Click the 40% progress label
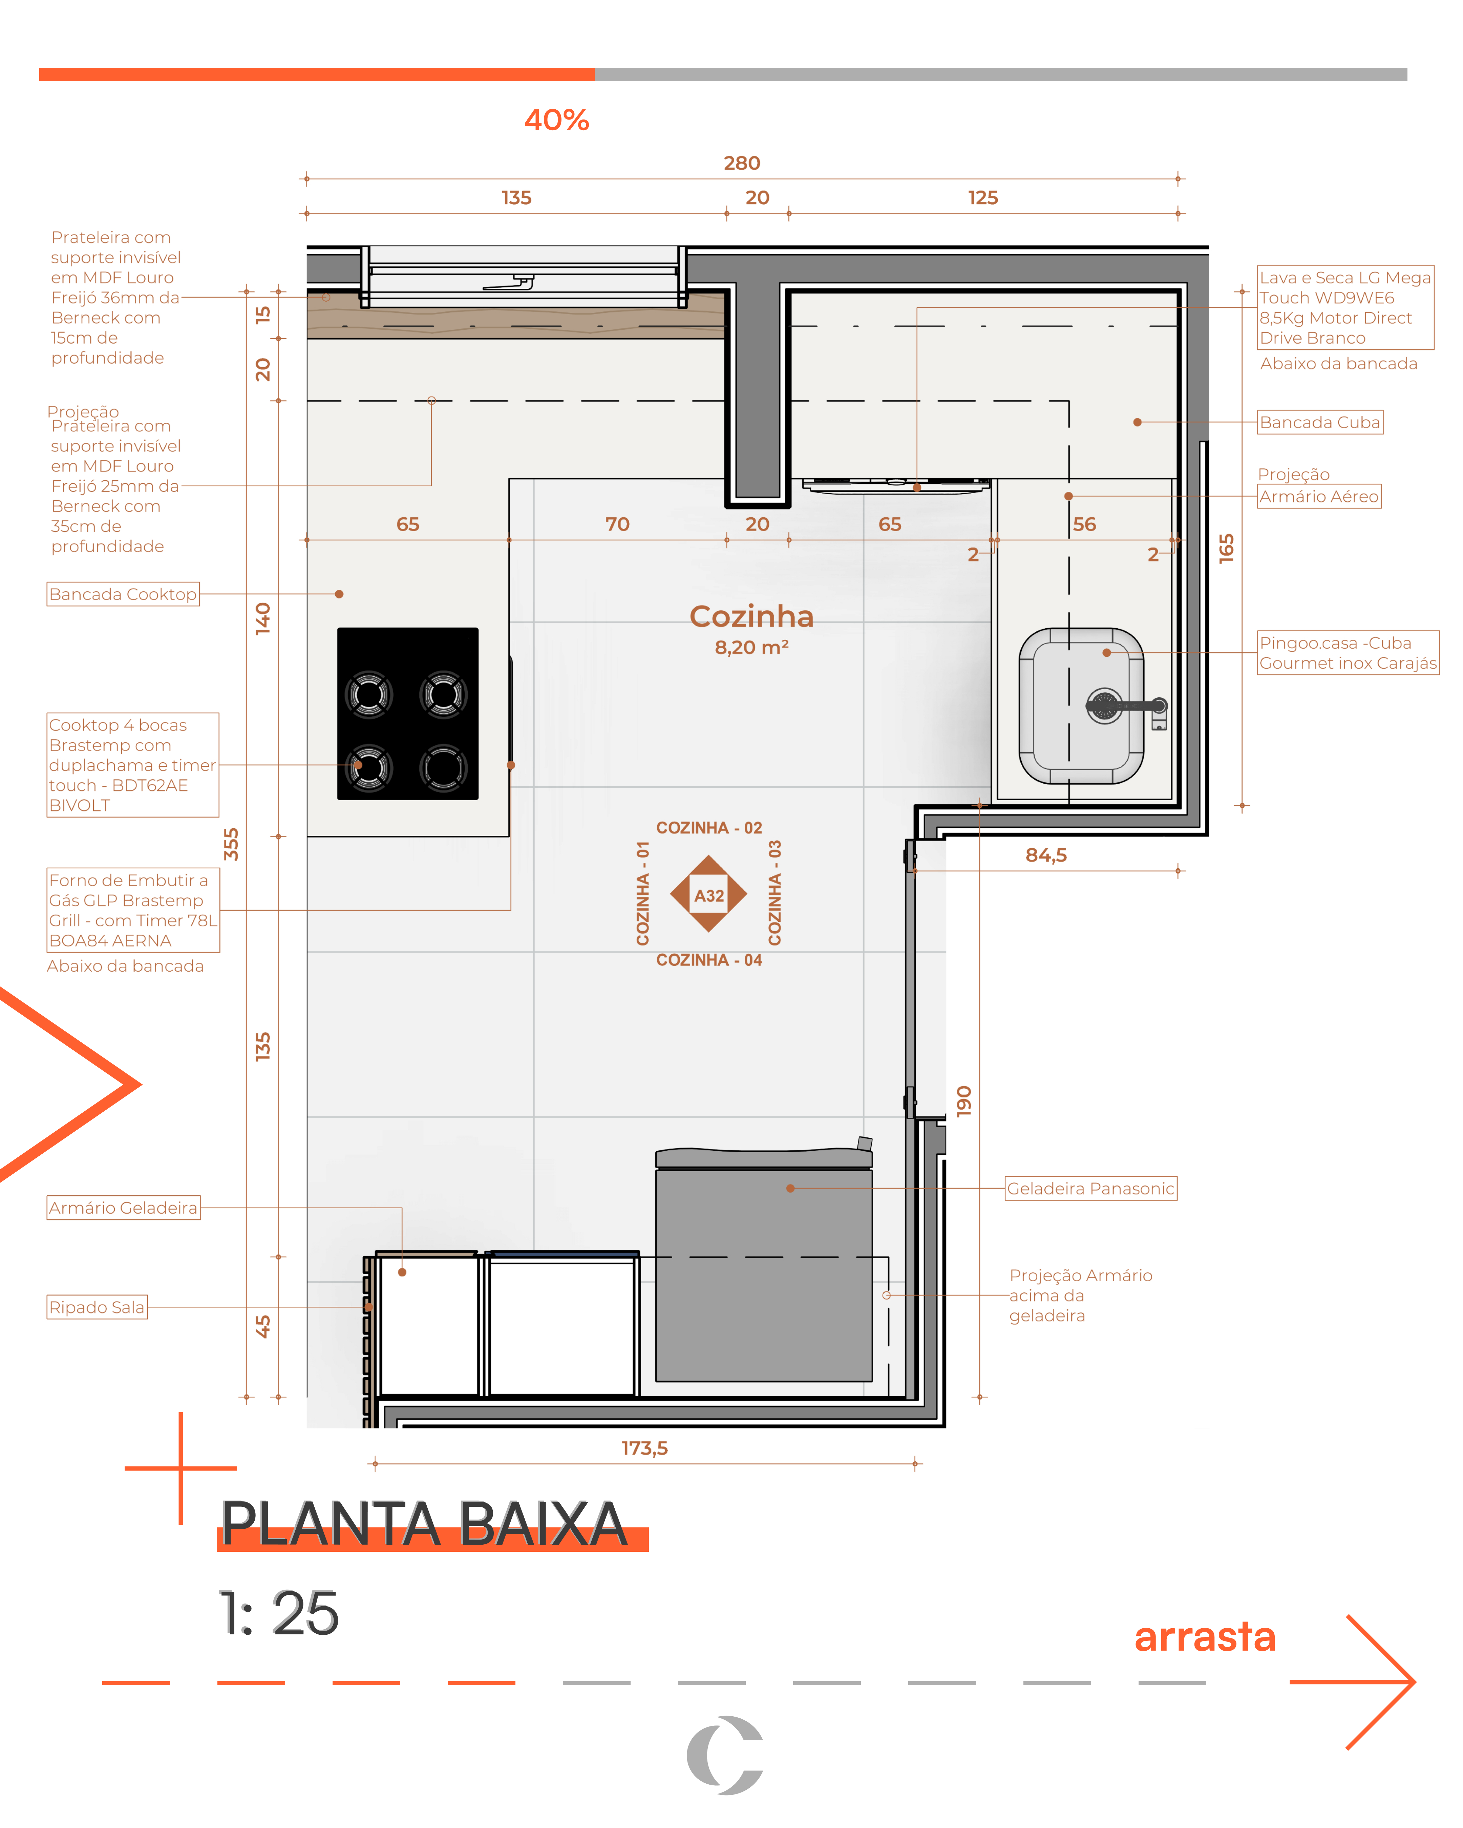pos(556,121)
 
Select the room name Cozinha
pos(751,616)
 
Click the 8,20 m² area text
pos(751,648)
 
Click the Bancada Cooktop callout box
pos(123,594)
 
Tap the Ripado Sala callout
pos(97,1307)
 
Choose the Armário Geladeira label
pos(123,1208)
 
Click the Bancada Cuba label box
pos(1320,422)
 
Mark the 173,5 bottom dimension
pos(644,1448)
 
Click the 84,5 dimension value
pos(1046,855)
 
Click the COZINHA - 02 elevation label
pos(709,828)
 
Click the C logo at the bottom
pos(725,1755)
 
